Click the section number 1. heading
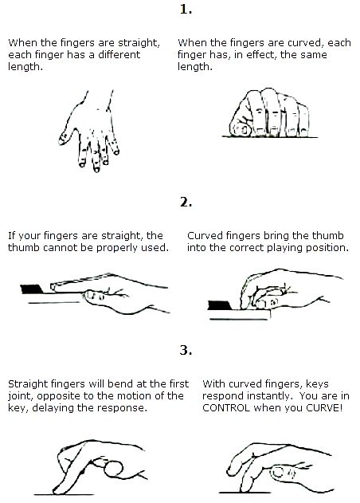(186, 9)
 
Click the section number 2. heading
(186, 202)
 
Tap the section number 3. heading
(186, 350)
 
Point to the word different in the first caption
(119, 54)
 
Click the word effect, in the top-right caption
(261, 55)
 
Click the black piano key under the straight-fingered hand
(32, 289)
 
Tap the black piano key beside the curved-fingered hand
(219, 305)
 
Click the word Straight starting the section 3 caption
(25, 384)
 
